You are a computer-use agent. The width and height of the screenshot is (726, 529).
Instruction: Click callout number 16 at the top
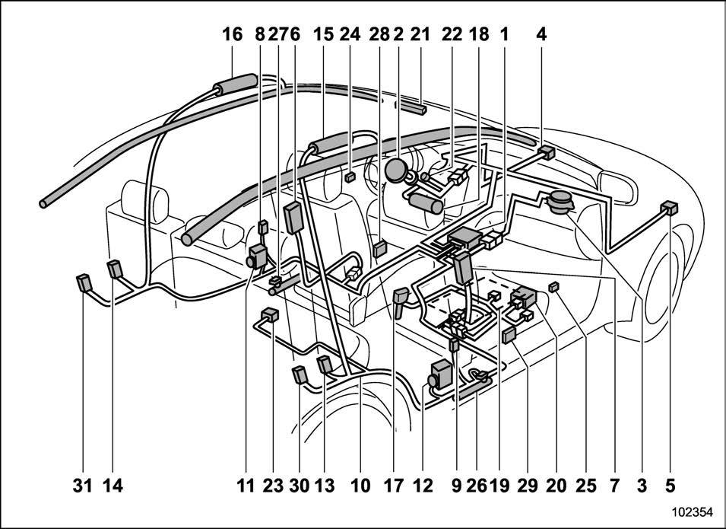point(232,34)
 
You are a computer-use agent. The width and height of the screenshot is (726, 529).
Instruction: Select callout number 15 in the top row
point(323,34)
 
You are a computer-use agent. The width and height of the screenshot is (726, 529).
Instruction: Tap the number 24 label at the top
point(350,34)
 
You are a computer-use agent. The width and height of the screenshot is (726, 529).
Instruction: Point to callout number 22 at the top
point(451,34)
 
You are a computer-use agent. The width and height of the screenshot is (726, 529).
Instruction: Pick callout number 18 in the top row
point(479,34)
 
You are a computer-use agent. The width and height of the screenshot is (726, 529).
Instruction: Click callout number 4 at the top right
point(541,34)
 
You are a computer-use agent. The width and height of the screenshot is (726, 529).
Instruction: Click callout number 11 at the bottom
point(246,485)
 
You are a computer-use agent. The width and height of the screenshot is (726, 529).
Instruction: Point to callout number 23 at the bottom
point(271,485)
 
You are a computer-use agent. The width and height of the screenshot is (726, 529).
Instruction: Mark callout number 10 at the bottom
point(359,485)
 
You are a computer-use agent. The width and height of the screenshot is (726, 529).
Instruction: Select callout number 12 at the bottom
point(423,485)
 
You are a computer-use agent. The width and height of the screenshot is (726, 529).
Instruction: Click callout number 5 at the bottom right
point(669,485)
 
